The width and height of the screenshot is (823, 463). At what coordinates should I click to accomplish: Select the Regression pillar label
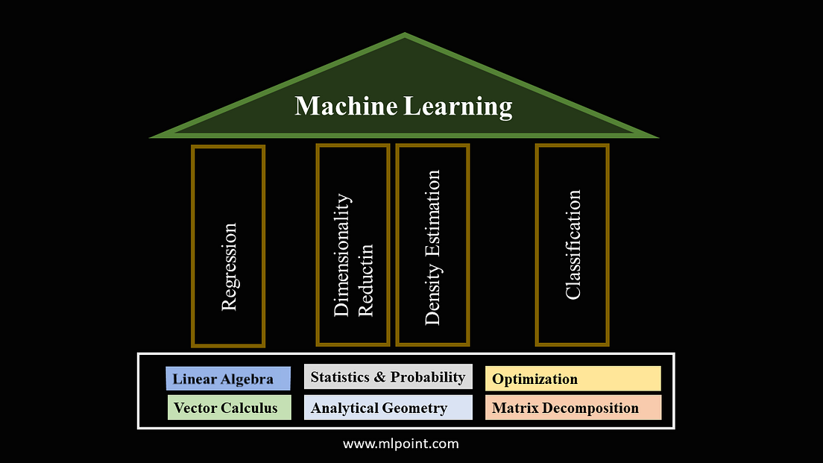point(229,266)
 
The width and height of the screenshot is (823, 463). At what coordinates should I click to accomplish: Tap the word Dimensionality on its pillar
point(341,255)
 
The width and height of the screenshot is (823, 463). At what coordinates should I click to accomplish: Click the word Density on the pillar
point(432,296)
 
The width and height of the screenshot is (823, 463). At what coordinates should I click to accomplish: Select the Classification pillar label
point(573,245)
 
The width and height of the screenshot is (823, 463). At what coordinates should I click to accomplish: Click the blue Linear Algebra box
point(228,379)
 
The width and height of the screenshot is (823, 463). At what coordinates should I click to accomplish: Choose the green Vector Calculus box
point(229,408)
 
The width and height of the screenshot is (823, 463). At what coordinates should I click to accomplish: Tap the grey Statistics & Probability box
point(388,377)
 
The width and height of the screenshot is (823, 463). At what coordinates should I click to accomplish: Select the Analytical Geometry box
point(388,408)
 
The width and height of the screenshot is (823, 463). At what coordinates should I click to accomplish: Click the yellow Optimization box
point(573,379)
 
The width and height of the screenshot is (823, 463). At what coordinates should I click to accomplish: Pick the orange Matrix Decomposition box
point(573,408)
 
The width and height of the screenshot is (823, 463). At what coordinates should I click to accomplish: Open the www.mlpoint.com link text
point(401,444)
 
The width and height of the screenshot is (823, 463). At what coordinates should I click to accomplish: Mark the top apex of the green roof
point(405,34)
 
